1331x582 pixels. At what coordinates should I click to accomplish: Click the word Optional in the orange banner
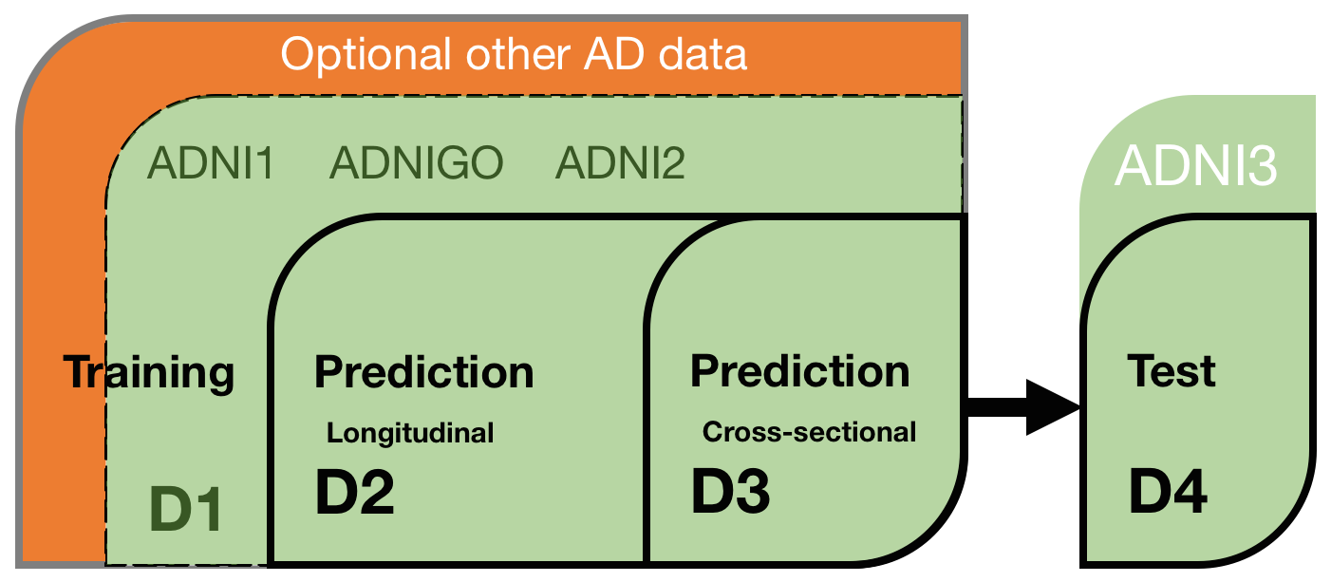[366, 56]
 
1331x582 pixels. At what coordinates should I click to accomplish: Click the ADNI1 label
[211, 163]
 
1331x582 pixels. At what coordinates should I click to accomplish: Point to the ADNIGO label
[417, 163]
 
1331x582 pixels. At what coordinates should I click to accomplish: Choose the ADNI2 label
[620, 163]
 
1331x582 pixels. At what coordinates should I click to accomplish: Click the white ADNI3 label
[1196, 165]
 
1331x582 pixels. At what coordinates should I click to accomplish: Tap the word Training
[149, 373]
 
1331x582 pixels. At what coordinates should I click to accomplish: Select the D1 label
[186, 508]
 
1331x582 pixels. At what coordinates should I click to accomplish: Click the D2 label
[355, 492]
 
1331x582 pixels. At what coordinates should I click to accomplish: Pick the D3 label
[731, 491]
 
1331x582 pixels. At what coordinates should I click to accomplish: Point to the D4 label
[1169, 492]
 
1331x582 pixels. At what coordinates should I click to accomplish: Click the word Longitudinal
[410, 433]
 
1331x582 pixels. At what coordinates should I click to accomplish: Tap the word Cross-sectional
[809, 432]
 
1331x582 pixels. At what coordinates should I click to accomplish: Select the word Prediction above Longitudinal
[424, 372]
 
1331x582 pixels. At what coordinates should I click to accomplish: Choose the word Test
[1172, 371]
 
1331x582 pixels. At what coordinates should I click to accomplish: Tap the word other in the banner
[518, 54]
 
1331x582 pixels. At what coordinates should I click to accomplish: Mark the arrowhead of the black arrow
[1053, 407]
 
